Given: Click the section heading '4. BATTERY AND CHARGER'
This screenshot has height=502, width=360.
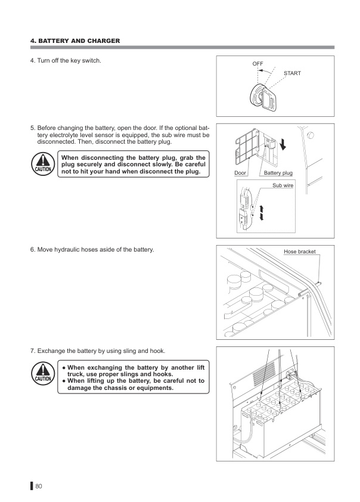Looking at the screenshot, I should pos(75,41).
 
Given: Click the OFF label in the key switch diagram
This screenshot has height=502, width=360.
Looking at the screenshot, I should pos(257,64).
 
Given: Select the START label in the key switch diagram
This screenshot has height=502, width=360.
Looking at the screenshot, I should pos(292,73).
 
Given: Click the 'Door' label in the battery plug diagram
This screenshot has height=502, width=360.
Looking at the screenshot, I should pos(240,173).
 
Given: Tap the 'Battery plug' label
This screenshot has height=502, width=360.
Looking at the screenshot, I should pos(278,173).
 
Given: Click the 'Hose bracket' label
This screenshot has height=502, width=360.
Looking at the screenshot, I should pos(299,252).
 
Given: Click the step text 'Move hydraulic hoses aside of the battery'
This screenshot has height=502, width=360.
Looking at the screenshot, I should pos(92,249).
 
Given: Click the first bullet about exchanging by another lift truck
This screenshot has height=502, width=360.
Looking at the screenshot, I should pos(134,370).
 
